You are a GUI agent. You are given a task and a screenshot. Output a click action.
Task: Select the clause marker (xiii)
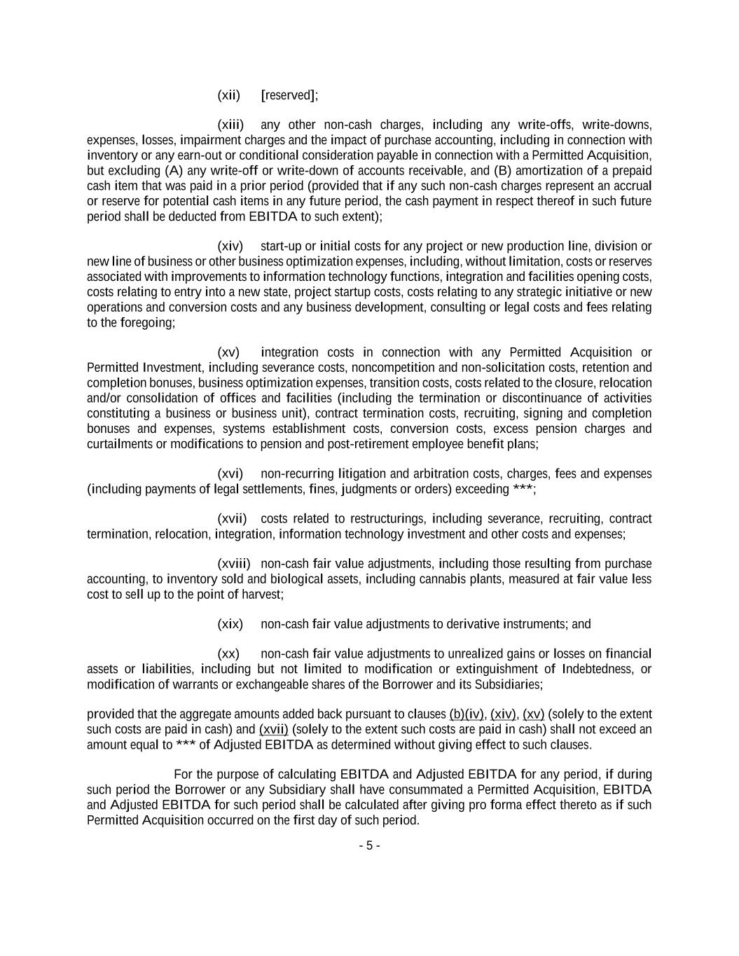[x=230, y=125]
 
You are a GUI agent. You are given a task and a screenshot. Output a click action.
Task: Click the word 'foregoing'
[x=146, y=323]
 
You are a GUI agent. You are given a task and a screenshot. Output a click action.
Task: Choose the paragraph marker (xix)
[x=230, y=625]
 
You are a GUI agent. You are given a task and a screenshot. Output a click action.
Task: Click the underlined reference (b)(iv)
[x=466, y=715]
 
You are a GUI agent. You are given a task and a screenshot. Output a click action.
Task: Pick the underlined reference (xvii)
[x=273, y=730]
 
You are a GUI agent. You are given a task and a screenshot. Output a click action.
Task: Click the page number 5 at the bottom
[x=369, y=846]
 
